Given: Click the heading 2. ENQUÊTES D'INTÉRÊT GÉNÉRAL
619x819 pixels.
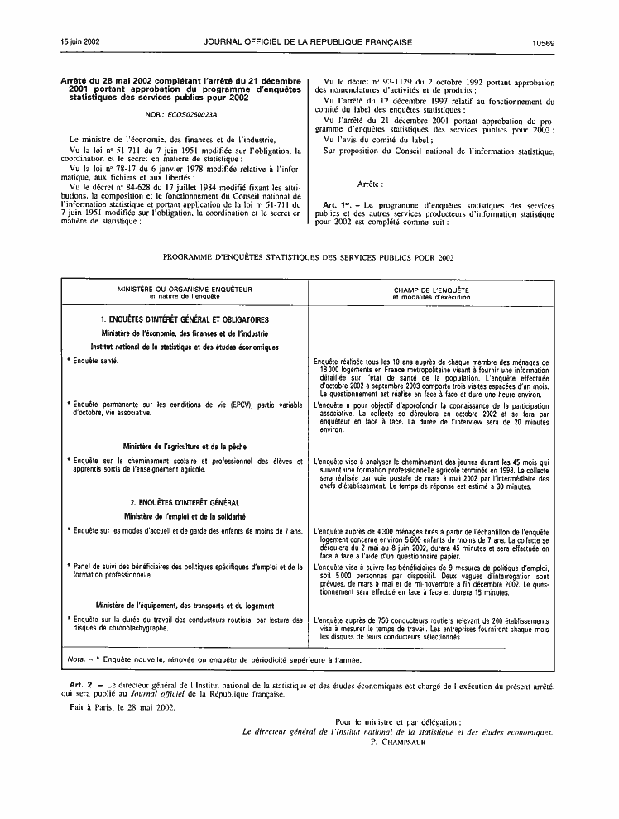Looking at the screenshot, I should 185,502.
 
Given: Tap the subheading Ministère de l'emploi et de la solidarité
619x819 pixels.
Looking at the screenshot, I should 185,515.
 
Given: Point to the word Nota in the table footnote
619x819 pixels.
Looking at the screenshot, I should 75,660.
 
